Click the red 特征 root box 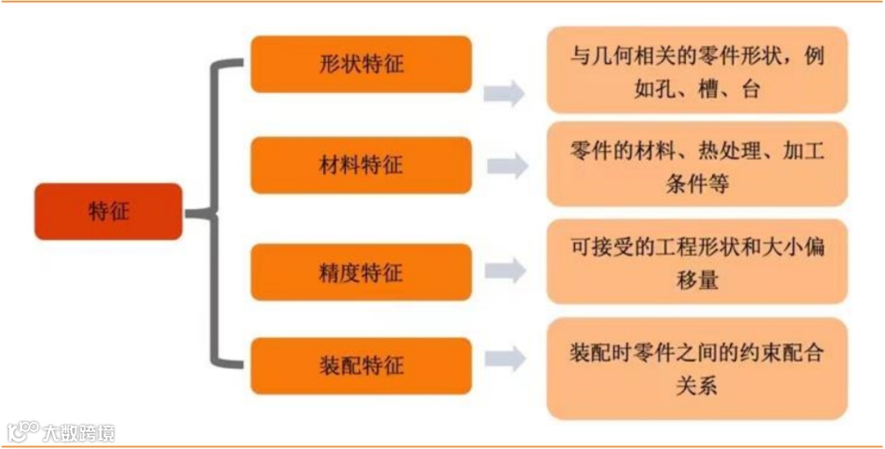(108, 211)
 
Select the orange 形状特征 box (361, 64)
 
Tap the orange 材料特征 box (361, 165)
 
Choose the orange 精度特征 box (361, 272)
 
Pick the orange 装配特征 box (361, 365)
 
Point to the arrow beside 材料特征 (507, 166)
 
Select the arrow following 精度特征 (505, 270)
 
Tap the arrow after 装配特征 (505, 358)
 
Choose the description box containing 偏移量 (697, 261)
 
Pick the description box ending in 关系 (697, 368)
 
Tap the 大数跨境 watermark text (79, 433)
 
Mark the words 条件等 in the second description (697, 184)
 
